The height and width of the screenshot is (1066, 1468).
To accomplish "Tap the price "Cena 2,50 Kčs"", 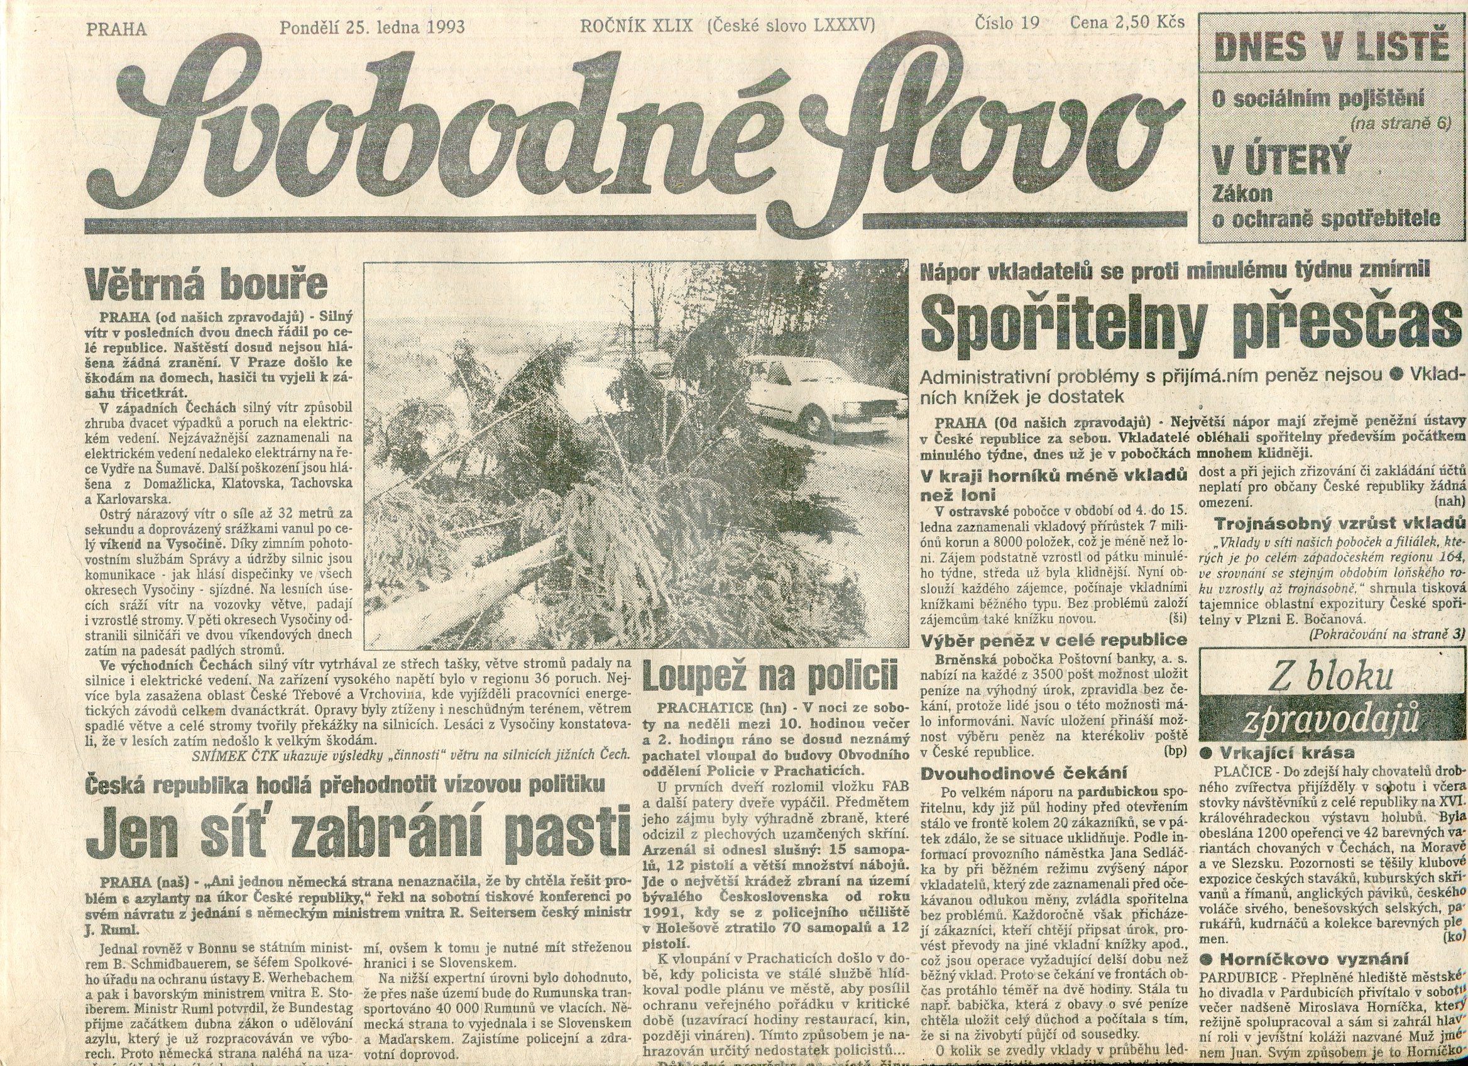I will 1127,23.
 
